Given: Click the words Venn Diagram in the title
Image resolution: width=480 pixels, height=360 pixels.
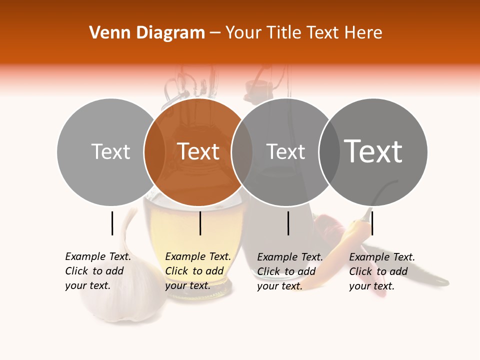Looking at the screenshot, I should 147,33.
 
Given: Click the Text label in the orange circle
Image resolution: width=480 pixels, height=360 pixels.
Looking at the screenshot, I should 198,151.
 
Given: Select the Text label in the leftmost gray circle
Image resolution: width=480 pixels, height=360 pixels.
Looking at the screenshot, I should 111,151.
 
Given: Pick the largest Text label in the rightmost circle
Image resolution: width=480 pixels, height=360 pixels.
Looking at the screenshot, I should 373,151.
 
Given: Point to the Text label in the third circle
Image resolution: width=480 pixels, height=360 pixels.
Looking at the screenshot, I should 285,151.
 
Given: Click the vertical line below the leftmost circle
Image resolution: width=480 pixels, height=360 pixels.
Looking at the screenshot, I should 112,223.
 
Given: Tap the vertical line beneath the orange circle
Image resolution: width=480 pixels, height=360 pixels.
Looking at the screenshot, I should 200,223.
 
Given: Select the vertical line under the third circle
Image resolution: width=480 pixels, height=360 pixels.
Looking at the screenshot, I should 288,223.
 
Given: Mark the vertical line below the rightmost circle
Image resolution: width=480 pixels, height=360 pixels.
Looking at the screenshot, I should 372,223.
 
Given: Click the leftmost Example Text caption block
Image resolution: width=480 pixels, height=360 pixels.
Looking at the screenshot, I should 98,271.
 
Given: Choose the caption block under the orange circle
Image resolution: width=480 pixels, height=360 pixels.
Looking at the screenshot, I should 198,271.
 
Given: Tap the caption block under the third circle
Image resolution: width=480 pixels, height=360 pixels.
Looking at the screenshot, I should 290,271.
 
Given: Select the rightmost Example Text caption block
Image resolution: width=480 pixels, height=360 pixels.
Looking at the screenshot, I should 382,271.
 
